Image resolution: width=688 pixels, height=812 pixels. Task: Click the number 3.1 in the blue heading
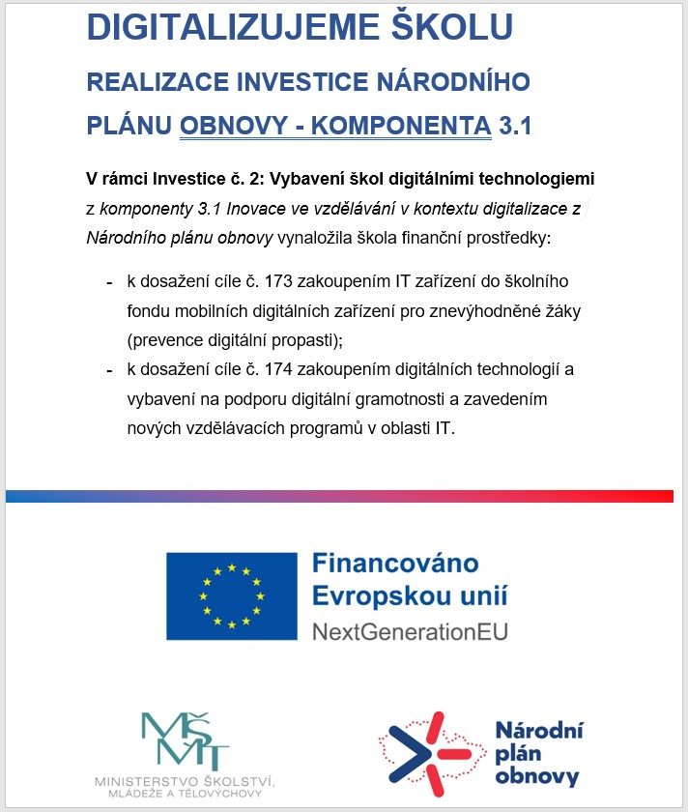coord(515,127)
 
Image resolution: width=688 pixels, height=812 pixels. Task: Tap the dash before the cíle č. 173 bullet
coord(108,282)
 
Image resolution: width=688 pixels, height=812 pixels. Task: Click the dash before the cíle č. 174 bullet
coord(108,370)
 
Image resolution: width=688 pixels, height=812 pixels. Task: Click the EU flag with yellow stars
coord(232,594)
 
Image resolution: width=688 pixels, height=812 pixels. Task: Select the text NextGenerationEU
coord(410,632)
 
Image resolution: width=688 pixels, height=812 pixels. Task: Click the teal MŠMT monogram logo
coord(185,740)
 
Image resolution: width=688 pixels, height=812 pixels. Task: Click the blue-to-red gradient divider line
coord(338,496)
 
